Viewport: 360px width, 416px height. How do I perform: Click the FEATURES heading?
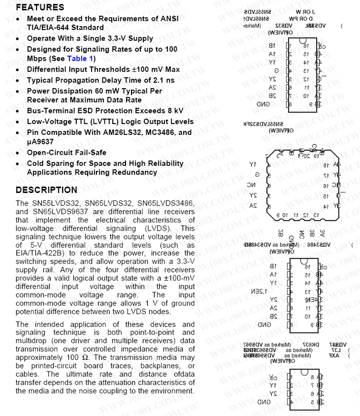(x=40, y=8)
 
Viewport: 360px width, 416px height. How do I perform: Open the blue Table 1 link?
(x=80, y=59)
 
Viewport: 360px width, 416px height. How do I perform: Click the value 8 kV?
(x=173, y=111)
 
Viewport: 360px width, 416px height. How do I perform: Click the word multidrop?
(x=31, y=341)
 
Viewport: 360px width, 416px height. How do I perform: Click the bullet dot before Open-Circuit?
(x=18, y=152)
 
